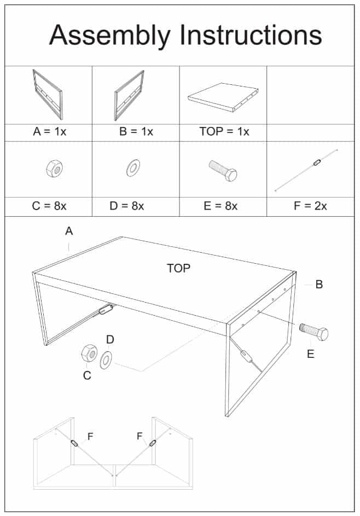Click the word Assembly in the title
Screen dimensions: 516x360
point(109,36)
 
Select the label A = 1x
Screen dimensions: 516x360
point(49,132)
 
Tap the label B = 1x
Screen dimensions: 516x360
point(136,132)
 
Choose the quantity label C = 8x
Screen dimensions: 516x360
point(49,206)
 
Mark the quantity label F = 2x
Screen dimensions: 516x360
point(310,206)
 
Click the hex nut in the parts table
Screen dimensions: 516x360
point(54,169)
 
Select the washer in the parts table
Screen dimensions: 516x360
point(132,169)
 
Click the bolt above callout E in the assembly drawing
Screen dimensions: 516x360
point(313,332)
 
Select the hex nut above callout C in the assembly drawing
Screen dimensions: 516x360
point(88,353)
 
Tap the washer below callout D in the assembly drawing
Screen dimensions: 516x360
point(106,359)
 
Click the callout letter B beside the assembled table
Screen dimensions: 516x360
point(319,285)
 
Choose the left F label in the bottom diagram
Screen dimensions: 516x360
point(90,436)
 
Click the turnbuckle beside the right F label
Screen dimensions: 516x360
point(153,443)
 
